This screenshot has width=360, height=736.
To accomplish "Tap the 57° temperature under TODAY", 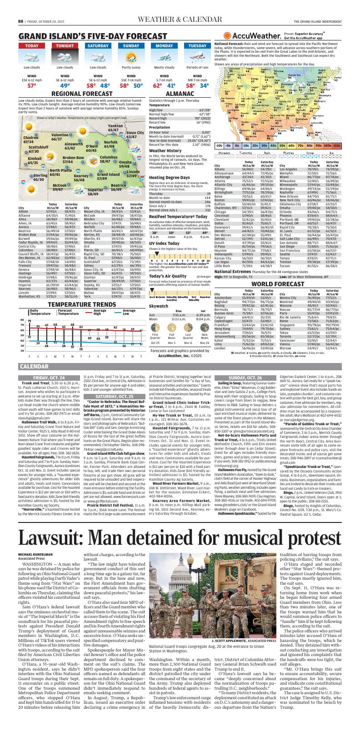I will (x=32, y=85).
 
